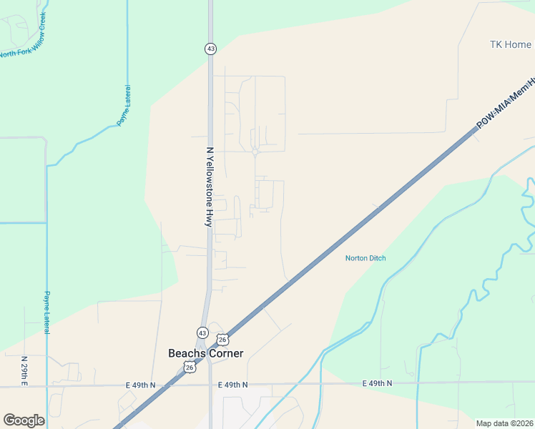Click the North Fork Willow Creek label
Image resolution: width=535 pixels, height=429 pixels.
tap(23, 35)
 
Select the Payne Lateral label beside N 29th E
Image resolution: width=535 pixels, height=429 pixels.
tap(47, 312)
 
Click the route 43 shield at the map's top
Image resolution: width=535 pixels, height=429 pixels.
tap(210, 49)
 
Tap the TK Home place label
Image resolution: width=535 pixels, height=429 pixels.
tap(510, 44)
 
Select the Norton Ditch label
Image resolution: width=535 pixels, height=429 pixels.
tap(365, 258)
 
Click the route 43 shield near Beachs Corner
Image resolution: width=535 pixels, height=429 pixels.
tap(202, 332)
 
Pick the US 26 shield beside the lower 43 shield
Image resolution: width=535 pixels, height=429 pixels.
tap(222, 339)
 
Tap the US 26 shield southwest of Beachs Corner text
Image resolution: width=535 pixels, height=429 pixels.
tap(189, 367)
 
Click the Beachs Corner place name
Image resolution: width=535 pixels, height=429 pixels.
tap(205, 353)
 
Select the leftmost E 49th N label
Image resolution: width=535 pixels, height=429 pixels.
tap(141, 385)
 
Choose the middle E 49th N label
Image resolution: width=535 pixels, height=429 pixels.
tap(233, 385)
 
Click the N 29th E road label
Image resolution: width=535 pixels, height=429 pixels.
tap(24, 370)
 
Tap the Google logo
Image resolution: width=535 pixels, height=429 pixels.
tap(24, 420)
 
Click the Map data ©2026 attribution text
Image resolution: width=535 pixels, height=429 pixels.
tap(504, 423)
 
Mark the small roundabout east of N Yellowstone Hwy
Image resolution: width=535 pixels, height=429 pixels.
tap(255, 151)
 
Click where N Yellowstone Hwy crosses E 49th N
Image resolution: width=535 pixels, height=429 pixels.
tap(210, 385)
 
